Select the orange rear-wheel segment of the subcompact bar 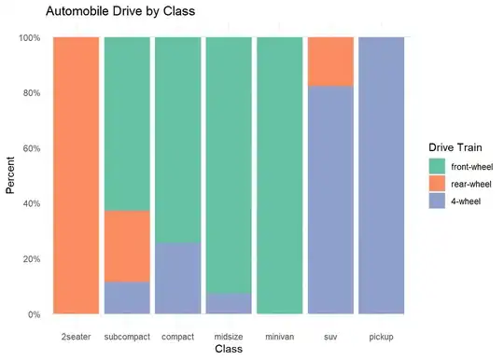coord(127,246)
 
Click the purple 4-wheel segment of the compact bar coord(177,278)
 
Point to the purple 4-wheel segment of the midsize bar coord(229,303)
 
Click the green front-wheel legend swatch coord(437,166)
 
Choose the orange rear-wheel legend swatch coord(437,183)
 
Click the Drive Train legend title coord(456,147)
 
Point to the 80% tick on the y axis coord(30,93)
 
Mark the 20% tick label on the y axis coord(30,259)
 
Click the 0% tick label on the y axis coord(33,314)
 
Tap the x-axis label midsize coord(229,335)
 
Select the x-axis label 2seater coord(76,335)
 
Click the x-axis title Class coord(229,350)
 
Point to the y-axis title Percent coord(11,175)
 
